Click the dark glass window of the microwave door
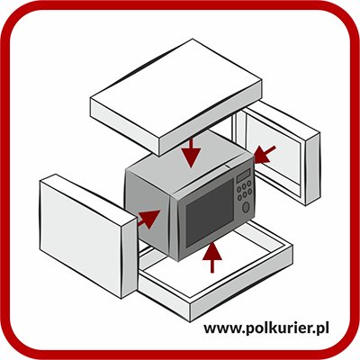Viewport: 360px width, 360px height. [x=210, y=212]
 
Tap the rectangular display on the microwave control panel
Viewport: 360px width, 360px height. [x=243, y=175]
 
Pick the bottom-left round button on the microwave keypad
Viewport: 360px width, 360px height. [x=239, y=198]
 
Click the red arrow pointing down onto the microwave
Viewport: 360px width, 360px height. [x=191, y=152]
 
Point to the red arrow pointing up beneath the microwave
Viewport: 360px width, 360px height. [x=212, y=257]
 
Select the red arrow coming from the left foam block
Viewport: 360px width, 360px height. [x=148, y=219]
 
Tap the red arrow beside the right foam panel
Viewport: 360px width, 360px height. [x=264, y=154]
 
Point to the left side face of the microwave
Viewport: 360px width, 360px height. [x=148, y=214]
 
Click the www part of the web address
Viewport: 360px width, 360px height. [x=221, y=328]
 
